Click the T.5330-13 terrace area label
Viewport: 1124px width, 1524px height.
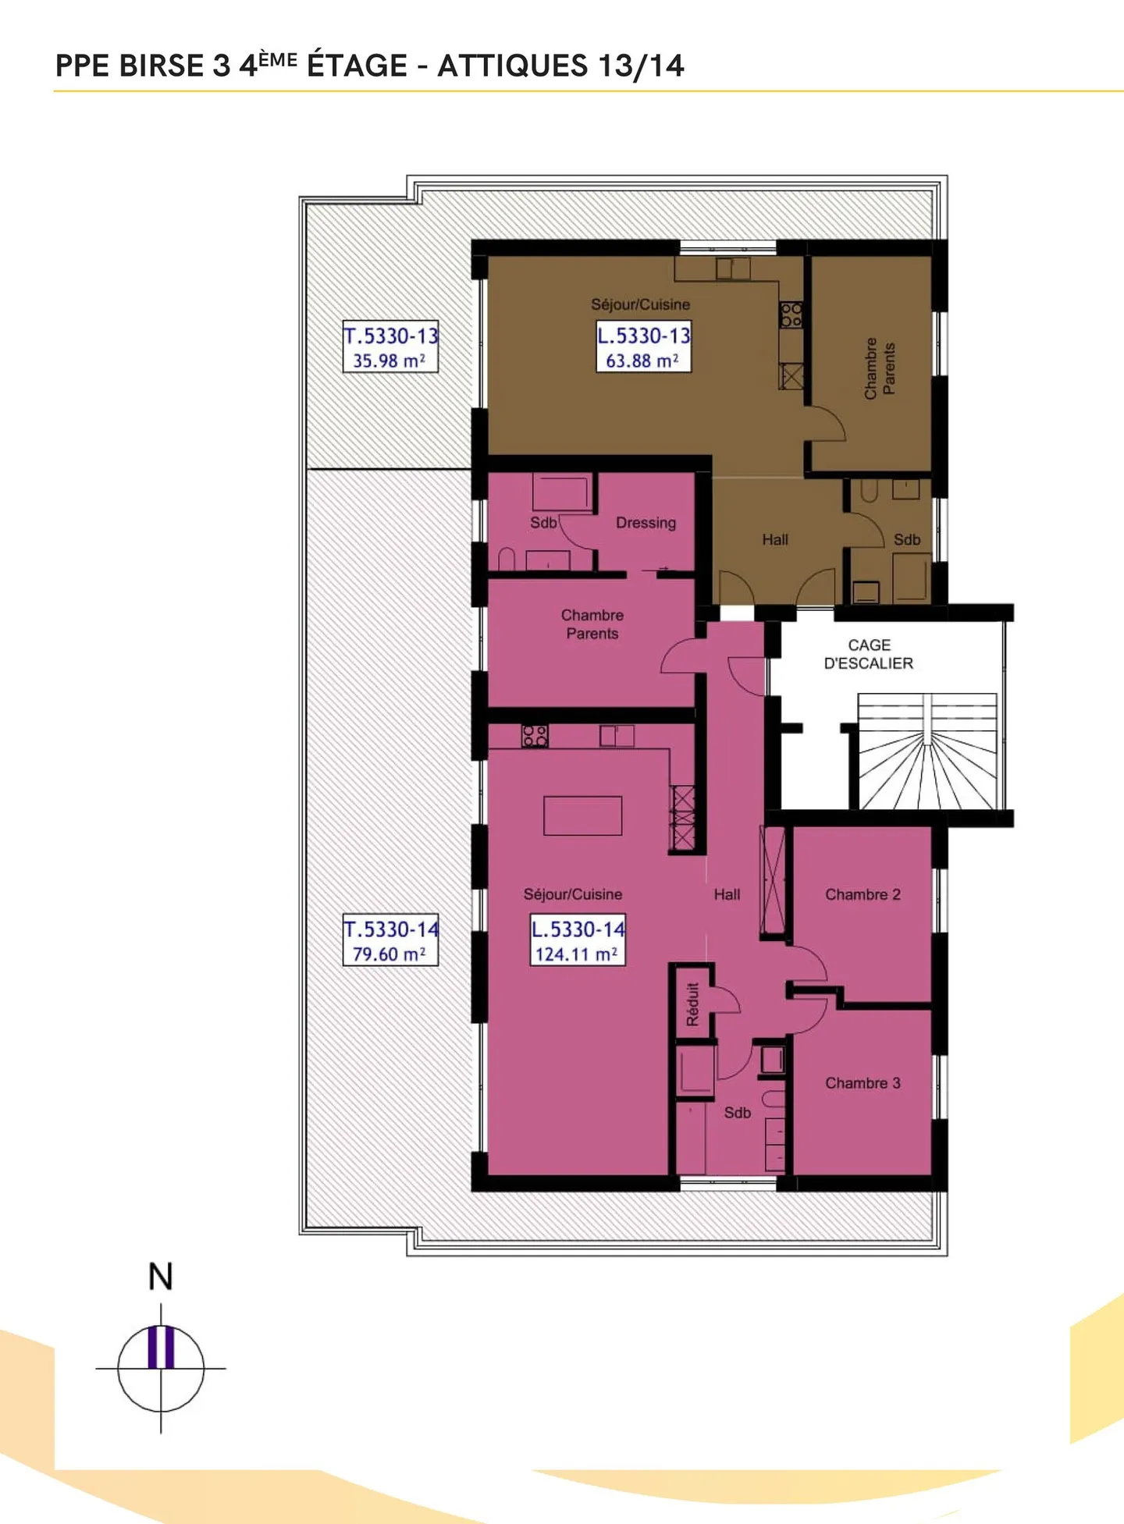pyautogui.click(x=390, y=346)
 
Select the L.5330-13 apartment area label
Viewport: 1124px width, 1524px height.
pyautogui.click(x=643, y=346)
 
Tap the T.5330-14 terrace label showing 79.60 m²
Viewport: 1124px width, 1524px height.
pyautogui.click(x=390, y=940)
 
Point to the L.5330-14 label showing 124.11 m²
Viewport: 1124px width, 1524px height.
pyautogui.click(x=578, y=940)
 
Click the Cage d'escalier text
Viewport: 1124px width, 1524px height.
pyautogui.click(x=869, y=654)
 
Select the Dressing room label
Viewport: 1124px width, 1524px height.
pyautogui.click(x=646, y=523)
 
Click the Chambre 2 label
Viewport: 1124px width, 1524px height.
pyautogui.click(x=863, y=894)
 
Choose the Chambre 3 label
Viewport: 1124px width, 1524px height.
pyautogui.click(x=863, y=1083)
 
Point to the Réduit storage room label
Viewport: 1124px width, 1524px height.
pyautogui.click(x=692, y=1004)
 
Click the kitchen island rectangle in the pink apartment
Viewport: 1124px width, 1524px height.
pyautogui.click(x=582, y=815)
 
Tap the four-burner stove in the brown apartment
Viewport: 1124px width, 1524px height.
pyautogui.click(x=791, y=314)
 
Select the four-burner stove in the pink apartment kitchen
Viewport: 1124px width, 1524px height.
pyautogui.click(x=535, y=735)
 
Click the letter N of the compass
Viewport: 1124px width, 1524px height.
pyautogui.click(x=161, y=1277)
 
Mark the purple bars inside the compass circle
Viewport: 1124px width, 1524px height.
pyautogui.click(x=161, y=1347)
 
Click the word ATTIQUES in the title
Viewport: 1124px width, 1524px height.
pyautogui.click(x=512, y=66)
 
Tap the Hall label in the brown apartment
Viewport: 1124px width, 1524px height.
pyautogui.click(x=775, y=539)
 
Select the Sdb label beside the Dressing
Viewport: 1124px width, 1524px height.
pyautogui.click(x=543, y=523)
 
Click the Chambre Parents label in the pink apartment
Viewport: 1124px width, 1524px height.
pyautogui.click(x=592, y=624)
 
